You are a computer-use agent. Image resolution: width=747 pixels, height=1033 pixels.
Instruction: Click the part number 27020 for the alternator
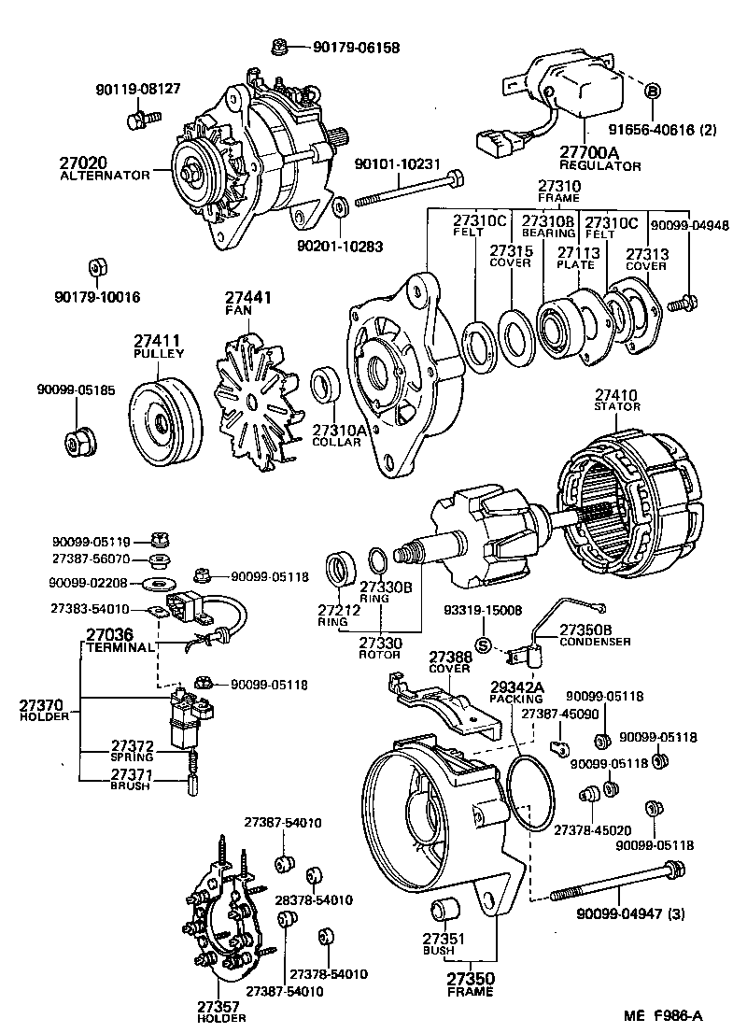[85, 162]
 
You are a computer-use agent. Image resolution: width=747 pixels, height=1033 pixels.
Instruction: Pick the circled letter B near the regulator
[653, 92]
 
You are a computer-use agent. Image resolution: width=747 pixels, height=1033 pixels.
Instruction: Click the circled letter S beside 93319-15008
[483, 644]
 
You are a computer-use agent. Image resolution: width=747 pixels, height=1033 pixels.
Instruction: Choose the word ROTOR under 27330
[380, 655]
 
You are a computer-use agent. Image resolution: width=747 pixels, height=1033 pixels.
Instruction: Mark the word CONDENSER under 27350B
[595, 642]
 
